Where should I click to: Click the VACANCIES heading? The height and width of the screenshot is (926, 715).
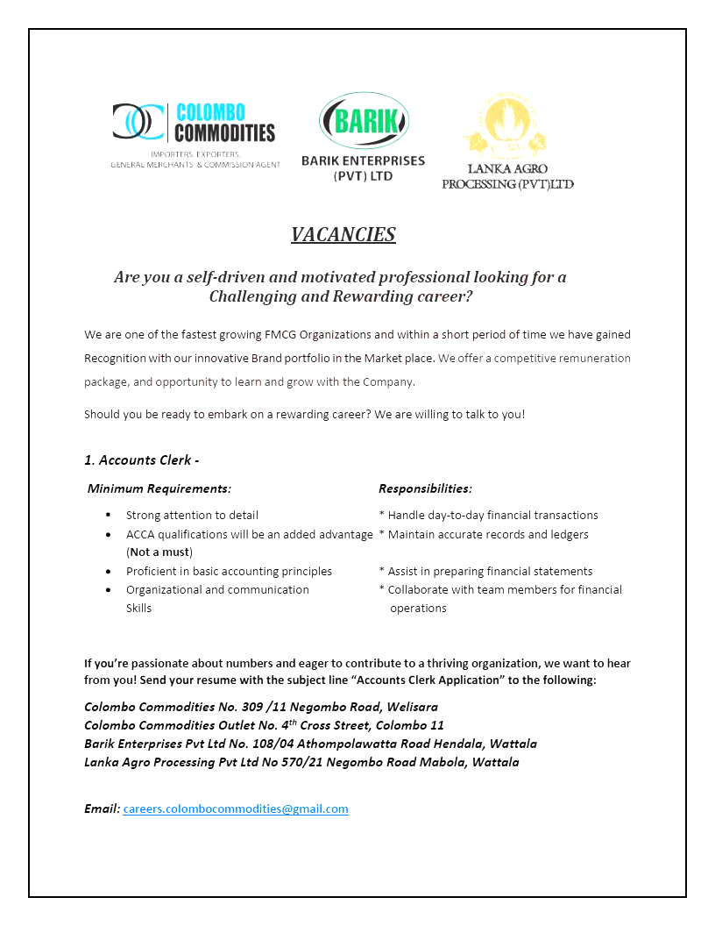click(343, 234)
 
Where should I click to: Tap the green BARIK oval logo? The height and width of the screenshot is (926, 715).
click(363, 120)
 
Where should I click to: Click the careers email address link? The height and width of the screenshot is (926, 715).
click(236, 808)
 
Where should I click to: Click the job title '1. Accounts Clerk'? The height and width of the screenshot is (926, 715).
click(142, 459)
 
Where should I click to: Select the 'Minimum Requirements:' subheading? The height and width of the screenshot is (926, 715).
click(159, 488)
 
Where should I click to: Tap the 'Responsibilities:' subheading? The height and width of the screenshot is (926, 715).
click(425, 488)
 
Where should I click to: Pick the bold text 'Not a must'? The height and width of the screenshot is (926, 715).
click(159, 552)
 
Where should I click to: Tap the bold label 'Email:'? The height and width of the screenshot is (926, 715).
click(102, 808)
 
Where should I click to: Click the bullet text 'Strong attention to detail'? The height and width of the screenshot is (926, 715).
click(192, 515)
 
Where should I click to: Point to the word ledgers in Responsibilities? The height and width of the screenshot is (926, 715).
click(568, 534)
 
